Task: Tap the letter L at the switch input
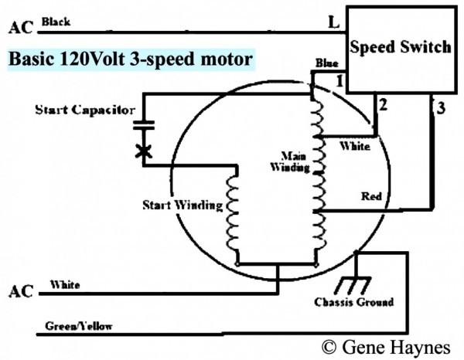click(333, 23)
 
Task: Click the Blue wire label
click(326, 63)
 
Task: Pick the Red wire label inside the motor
click(371, 196)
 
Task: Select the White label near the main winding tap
click(355, 146)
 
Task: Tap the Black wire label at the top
click(55, 22)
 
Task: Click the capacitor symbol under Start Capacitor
click(142, 125)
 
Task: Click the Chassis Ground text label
click(355, 301)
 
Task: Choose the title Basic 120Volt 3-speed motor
click(131, 59)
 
